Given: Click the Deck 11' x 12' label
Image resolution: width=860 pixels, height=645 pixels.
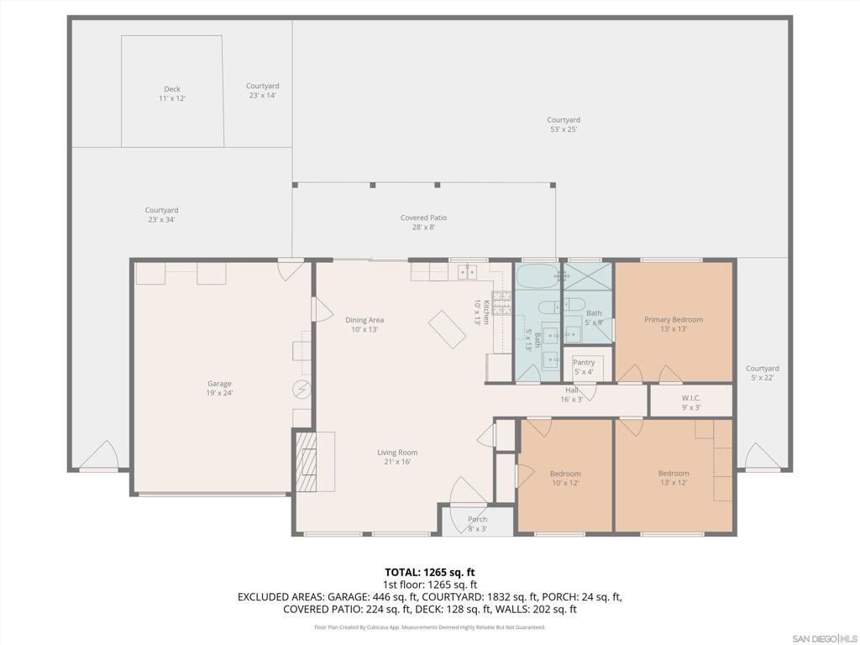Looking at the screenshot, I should (x=172, y=94).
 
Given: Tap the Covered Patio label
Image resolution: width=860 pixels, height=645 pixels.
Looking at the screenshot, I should (x=423, y=223).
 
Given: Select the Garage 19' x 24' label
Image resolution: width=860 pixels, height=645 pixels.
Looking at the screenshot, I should (x=219, y=388).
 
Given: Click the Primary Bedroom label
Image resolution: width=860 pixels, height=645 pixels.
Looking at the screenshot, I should (x=674, y=324).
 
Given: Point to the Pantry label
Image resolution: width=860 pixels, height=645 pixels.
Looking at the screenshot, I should (x=584, y=367).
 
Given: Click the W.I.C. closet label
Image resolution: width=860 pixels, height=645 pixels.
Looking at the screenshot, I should (x=691, y=402).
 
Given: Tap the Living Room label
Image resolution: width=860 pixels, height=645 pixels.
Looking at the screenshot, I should (x=397, y=457).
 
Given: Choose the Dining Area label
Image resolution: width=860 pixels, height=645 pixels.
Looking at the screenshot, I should (x=364, y=324).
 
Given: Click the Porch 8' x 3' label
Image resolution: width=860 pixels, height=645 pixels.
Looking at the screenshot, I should (x=477, y=524).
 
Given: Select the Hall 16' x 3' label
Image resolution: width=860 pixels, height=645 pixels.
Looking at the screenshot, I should (x=572, y=395).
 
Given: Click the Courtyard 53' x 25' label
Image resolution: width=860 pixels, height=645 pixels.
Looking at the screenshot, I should (x=564, y=124).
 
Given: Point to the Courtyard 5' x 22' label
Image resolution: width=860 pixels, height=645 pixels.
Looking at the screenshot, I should (x=762, y=373).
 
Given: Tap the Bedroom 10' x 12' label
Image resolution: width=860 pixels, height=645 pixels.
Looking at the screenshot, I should (x=565, y=478).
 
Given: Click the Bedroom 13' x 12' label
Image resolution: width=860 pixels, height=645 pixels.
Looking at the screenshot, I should (x=674, y=478).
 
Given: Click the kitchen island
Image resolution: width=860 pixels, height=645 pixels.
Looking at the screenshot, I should (x=448, y=328).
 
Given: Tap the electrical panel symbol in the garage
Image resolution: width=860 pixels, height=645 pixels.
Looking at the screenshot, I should (x=302, y=389).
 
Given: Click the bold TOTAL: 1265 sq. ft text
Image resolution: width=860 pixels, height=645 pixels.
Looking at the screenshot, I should (x=430, y=572).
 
